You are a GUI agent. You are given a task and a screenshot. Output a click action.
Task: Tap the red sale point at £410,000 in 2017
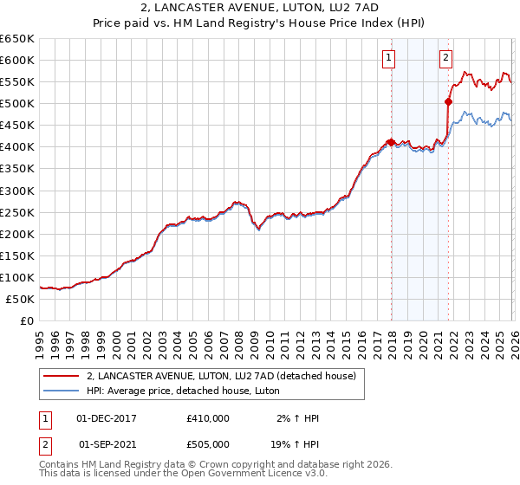(x=391, y=142)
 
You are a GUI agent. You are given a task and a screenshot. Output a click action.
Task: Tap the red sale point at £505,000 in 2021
(x=448, y=100)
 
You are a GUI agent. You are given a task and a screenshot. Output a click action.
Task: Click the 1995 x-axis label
(x=40, y=338)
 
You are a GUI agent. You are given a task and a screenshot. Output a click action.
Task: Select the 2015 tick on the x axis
(x=346, y=338)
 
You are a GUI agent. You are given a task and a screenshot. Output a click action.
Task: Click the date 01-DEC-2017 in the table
(x=107, y=418)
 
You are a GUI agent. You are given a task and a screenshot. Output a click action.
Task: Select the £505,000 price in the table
(x=208, y=443)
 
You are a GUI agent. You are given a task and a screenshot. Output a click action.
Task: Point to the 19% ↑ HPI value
(x=295, y=443)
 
